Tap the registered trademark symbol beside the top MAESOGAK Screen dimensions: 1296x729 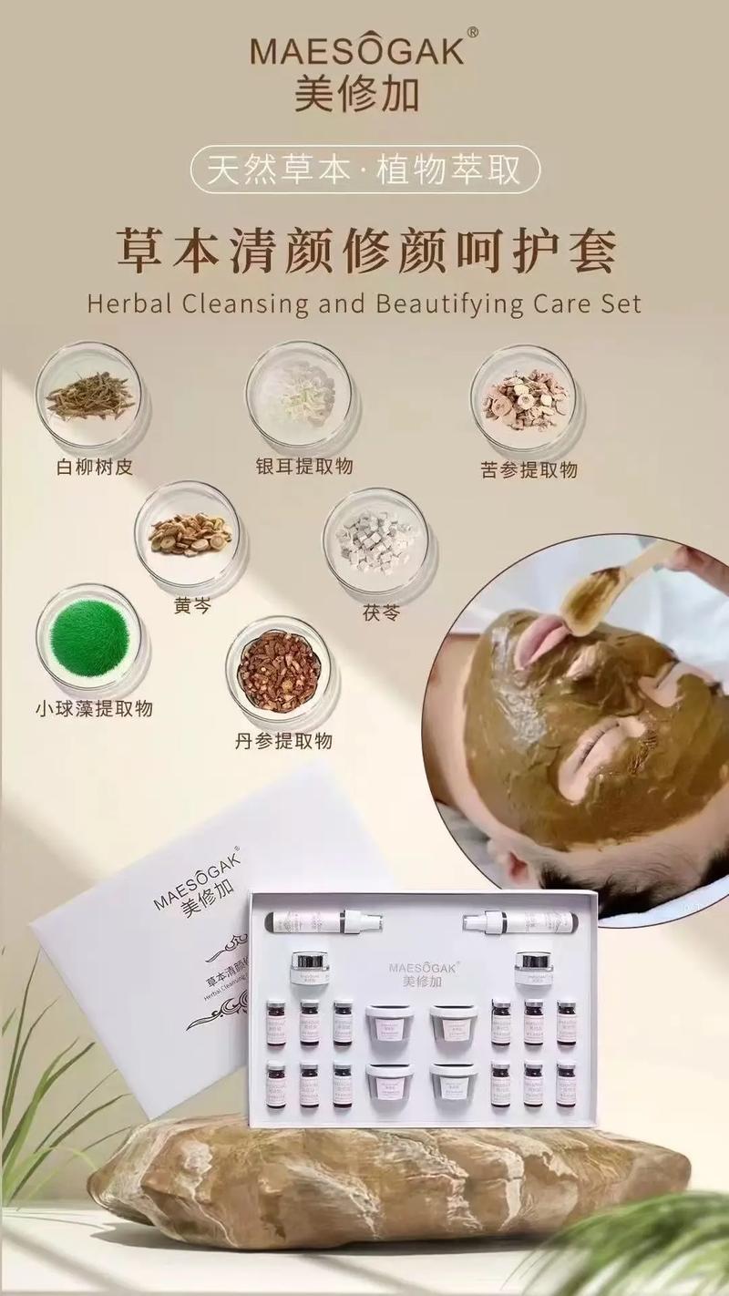472,32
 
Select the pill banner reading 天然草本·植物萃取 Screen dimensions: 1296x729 364,170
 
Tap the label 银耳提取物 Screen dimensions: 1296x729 303,467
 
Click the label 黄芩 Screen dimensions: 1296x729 192,605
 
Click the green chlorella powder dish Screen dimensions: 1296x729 90,639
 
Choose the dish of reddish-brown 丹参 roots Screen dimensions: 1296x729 280,673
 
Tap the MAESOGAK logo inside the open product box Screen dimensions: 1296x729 424,966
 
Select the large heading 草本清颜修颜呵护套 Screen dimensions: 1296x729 364,248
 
